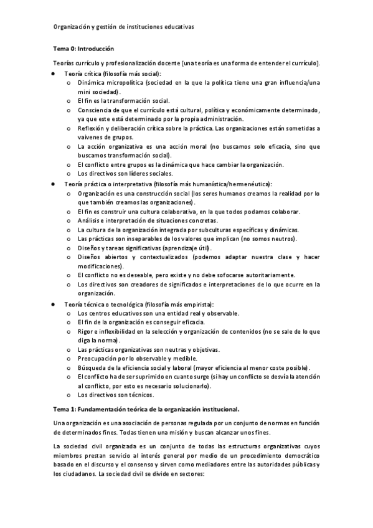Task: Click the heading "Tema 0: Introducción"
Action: [83, 49]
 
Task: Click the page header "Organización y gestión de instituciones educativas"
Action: [123, 27]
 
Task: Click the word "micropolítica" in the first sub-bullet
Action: [123, 83]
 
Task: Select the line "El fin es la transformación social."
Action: [123, 101]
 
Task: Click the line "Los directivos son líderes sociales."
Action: [125, 174]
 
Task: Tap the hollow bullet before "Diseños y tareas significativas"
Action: [68, 248]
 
